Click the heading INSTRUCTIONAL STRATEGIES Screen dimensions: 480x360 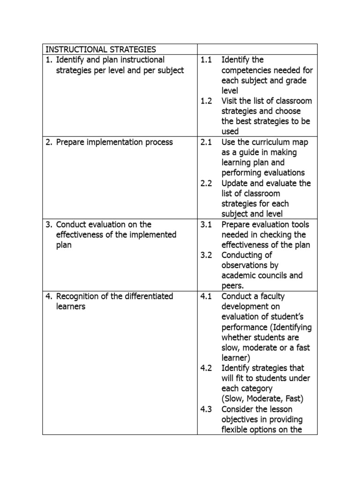[100, 49]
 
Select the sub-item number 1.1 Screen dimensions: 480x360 [206, 60]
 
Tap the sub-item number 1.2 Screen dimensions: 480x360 [206, 101]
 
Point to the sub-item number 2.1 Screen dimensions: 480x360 [206, 142]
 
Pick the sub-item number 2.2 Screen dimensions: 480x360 [206, 183]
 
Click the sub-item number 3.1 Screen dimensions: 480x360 [206, 225]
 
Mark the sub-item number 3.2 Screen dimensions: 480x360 [206, 255]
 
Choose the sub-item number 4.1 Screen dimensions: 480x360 [206, 296]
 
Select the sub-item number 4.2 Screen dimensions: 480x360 [206, 368]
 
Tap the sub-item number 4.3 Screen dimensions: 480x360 [206, 409]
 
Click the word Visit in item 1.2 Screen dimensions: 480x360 [231, 101]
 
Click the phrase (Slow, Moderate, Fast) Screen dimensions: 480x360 [262, 399]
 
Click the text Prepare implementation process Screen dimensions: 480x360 [114, 142]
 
